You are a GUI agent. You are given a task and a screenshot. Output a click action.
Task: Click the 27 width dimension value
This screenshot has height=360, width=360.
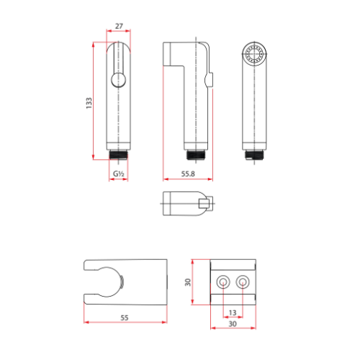118,26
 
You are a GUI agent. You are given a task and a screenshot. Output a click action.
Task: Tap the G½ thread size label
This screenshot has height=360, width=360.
118,174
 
